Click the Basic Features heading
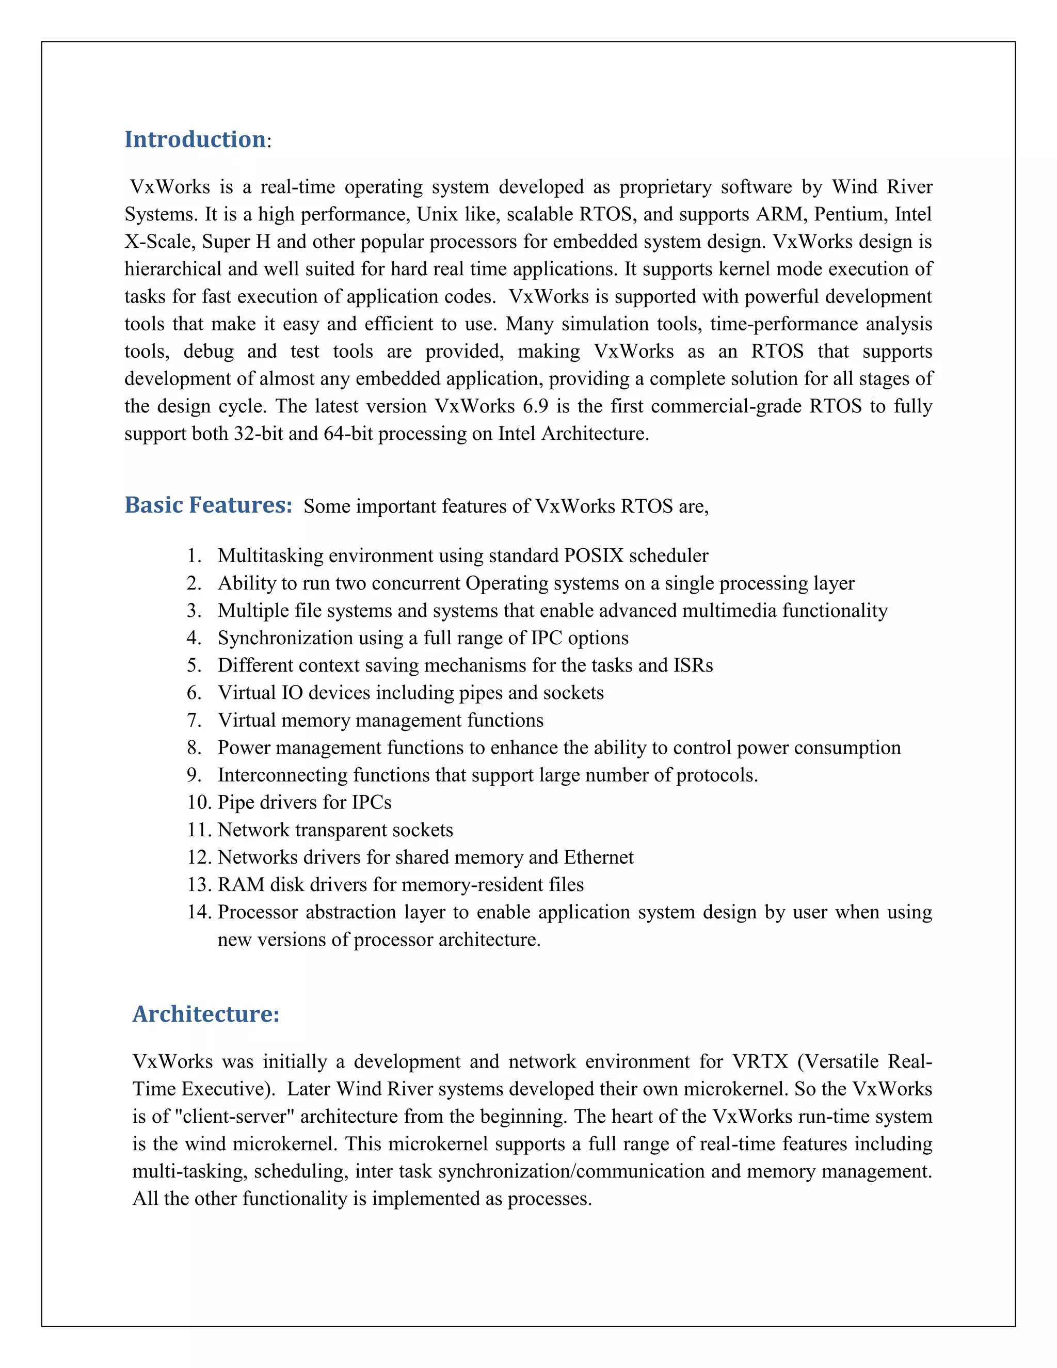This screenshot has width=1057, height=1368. [x=209, y=505]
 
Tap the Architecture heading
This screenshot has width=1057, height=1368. [x=205, y=1013]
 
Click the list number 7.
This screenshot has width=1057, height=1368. [x=194, y=720]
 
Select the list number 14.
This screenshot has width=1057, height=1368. [x=199, y=912]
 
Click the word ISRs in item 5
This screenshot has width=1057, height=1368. [x=693, y=665]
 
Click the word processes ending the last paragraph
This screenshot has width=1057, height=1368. [x=548, y=1199]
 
